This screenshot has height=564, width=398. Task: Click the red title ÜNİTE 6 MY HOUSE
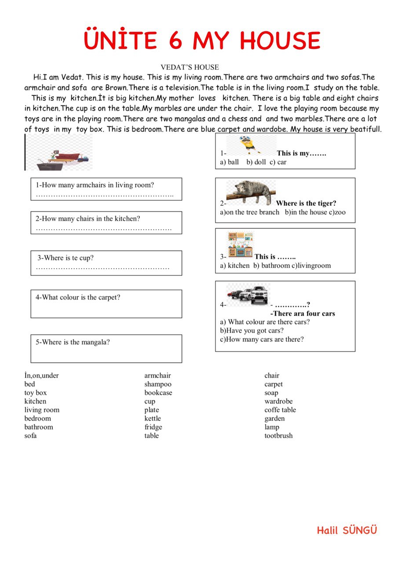202,41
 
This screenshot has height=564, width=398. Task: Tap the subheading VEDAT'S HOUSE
190,67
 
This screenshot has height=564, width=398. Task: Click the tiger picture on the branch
251,193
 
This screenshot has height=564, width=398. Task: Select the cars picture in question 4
247,294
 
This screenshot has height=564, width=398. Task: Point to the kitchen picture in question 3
240,245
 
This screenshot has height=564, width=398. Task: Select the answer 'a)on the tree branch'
249,212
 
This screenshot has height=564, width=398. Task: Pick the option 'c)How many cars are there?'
262,339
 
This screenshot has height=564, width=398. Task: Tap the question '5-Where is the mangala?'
73,342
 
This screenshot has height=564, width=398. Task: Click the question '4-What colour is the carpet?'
78,297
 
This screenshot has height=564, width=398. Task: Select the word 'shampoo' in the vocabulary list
158,384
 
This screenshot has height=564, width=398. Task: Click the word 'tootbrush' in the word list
278,436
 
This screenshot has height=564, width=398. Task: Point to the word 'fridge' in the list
153,427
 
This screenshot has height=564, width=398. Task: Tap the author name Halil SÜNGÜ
347,531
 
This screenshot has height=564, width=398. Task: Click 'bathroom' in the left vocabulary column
39,427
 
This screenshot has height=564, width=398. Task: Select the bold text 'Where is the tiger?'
306,203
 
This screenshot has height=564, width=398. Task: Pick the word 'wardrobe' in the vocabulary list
278,401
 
